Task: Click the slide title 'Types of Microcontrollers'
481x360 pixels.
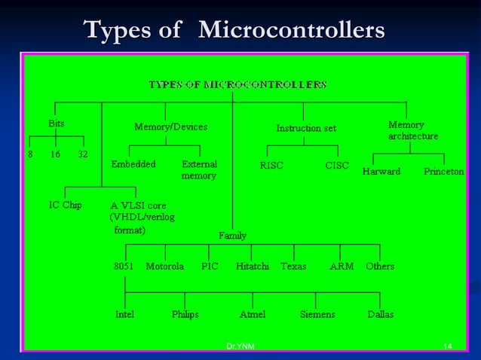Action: tap(234, 30)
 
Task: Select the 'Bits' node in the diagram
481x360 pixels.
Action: tap(56, 123)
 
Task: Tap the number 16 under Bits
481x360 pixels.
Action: tap(55, 154)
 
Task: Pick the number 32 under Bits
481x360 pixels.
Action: tap(83, 154)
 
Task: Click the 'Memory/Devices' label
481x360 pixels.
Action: tap(170, 127)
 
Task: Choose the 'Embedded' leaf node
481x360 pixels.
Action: tap(133, 164)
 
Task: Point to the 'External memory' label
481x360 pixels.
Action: tap(199, 169)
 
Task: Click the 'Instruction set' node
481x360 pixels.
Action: tap(306, 128)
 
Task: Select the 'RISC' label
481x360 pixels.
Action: tap(271, 166)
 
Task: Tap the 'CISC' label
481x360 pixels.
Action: tap(337, 165)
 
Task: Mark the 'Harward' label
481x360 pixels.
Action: tap(381, 172)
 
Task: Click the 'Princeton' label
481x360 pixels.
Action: tap(443, 172)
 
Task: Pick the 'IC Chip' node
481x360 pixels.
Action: tap(66, 205)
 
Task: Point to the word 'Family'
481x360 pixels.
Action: tap(232, 236)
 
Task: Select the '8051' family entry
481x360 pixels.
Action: tap(125, 266)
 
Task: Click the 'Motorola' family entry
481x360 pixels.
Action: tap(164, 266)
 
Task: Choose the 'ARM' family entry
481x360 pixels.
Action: tap(342, 266)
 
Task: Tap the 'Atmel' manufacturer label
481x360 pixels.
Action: tap(252, 314)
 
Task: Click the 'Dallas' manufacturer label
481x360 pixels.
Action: tap(380, 314)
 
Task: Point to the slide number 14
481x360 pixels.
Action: tap(447, 346)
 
